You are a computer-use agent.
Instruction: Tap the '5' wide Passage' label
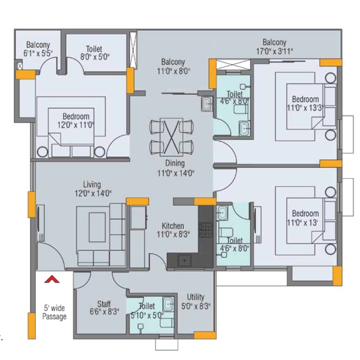(54, 312)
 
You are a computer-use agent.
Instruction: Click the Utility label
(195, 297)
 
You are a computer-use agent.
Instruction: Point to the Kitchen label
(173, 226)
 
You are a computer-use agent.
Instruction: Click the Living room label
(92, 184)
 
